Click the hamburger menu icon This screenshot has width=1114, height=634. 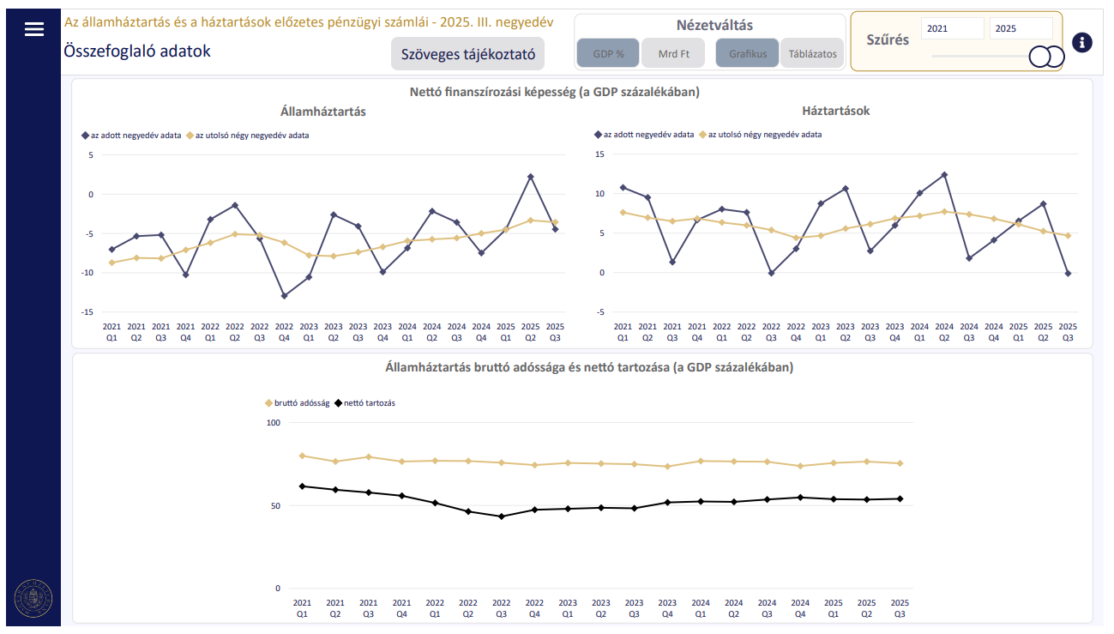33,29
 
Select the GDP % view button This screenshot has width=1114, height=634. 608,53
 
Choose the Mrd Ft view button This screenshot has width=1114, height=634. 673,53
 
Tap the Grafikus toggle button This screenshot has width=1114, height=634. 747,53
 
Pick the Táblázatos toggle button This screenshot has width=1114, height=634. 812,53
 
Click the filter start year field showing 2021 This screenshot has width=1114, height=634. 952,28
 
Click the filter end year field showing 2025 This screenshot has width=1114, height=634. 1021,28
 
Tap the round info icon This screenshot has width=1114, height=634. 1082,42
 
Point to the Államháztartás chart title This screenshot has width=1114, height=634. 322,112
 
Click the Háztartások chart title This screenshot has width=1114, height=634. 835,111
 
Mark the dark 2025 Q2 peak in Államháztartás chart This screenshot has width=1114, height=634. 531,177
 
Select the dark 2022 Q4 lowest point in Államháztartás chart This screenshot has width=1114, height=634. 285,296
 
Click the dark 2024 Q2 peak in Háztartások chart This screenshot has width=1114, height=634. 944,175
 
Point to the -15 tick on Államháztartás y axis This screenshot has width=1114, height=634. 86,312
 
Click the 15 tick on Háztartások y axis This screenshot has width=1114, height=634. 599,154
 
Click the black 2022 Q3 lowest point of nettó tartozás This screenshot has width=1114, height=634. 502,516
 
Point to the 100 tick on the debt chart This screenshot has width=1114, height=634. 274,423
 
